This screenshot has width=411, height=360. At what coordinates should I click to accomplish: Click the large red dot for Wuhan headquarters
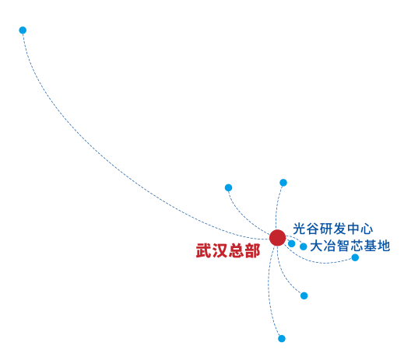pos(277,238)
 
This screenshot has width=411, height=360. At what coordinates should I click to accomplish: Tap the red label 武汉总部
pos(228,250)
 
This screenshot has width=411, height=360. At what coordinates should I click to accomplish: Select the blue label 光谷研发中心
pos(332,229)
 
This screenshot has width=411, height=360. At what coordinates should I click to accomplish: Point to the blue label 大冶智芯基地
pos(350,246)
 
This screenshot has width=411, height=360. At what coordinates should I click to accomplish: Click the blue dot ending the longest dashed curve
pos(23,30)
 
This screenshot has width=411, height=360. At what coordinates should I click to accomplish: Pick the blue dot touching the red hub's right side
pos(291,243)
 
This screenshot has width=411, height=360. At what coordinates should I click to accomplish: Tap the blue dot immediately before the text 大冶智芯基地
pos(304,246)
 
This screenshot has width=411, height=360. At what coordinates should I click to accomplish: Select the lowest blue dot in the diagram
pos(282,338)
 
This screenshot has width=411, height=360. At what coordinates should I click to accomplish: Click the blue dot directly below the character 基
pos(355,257)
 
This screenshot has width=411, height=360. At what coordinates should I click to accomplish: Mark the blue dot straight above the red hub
pos(283,183)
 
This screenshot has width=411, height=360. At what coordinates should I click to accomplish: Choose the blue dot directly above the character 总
pos(228,187)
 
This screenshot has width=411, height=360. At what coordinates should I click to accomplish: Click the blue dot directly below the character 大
pos(304,295)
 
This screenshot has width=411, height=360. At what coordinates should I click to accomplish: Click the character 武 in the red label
pos(204,250)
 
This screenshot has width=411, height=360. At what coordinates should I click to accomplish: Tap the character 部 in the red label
pos(252,250)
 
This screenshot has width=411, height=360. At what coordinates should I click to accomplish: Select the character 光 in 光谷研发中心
pos(299,229)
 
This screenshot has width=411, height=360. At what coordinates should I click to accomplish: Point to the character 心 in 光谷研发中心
pos(367,229)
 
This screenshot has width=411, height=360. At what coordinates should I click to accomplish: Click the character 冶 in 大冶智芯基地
pos(330,246)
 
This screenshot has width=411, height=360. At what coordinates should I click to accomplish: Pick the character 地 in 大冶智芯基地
pos(384,246)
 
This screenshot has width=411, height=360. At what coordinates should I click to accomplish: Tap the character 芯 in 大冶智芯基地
pos(357,246)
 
